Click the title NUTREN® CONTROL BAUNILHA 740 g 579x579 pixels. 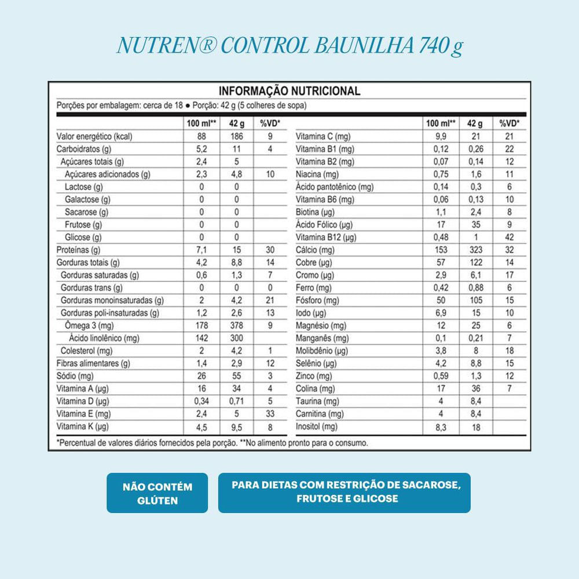tap(289, 46)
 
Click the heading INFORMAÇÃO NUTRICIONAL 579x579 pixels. tap(289, 91)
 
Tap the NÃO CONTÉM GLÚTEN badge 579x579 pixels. tap(157, 493)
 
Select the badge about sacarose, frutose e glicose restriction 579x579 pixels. tap(344, 492)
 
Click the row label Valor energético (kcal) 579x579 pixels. tap(95, 137)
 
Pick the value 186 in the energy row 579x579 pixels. tap(236, 137)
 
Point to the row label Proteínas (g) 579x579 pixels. tap(79, 250)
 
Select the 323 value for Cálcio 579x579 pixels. tap(475, 250)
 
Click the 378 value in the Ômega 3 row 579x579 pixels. tap(236, 325)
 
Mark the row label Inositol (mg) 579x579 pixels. tap(316, 427)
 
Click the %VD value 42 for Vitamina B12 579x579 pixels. tap(510, 237)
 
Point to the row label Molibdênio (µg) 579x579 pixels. tap(322, 351)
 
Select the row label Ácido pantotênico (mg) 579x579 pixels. tap(334, 187)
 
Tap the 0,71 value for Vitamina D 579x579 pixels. tap(236, 401)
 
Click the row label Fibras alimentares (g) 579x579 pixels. tap(93, 364)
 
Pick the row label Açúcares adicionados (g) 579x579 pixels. tap(108, 174)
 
